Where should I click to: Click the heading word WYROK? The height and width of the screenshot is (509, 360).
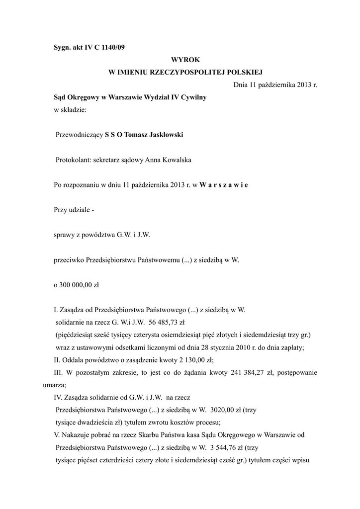coord(185,60)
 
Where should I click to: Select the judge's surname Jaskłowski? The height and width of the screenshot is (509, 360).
coord(159,135)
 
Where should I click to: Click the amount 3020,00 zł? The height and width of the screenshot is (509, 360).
coord(227,410)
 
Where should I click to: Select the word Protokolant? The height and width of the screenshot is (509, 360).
coord(74,160)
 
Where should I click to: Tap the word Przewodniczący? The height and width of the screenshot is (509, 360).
coord(79,135)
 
